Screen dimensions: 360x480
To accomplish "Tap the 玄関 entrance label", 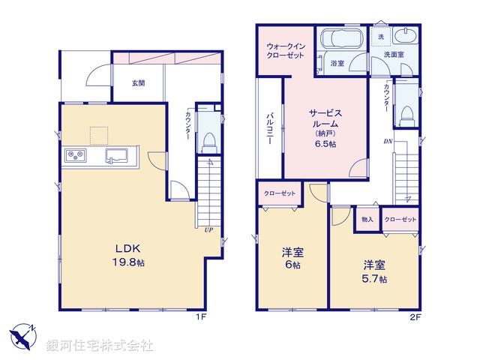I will tap(139, 82).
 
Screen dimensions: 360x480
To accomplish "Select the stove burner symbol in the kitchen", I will tap(76, 156).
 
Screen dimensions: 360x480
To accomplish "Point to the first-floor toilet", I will tap(210, 139).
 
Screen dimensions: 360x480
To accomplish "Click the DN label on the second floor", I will tap(388, 140).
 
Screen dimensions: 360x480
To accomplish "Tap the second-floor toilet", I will tap(407, 113).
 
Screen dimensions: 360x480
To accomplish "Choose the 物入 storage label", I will tap(367, 219).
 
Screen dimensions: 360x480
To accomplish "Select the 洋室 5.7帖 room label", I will tap(376, 271).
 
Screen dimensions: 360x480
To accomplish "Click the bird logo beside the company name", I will tap(22, 335).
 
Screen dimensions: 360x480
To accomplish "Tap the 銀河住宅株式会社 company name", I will tap(101, 346).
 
